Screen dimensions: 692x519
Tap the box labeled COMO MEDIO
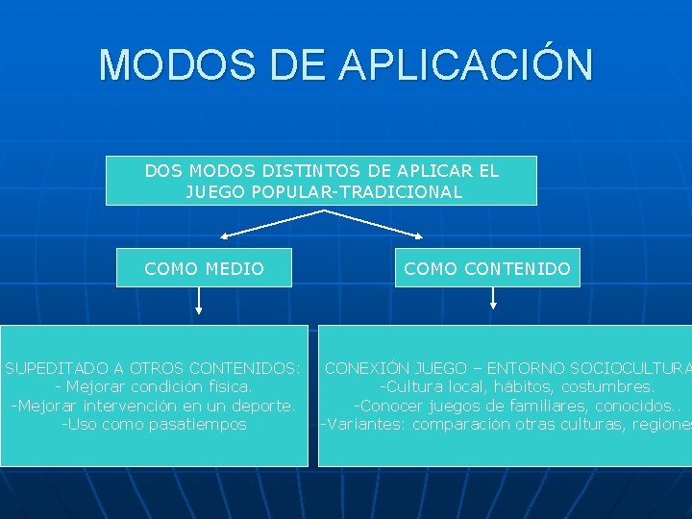pyautogui.click(x=204, y=269)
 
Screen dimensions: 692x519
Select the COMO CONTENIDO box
pyautogui.click(x=487, y=269)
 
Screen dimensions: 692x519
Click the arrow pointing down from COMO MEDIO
pyautogui.click(x=199, y=302)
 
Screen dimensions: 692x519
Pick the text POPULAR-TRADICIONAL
pyautogui.click(x=355, y=191)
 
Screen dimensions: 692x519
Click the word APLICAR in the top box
pyautogui.click(x=434, y=171)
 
